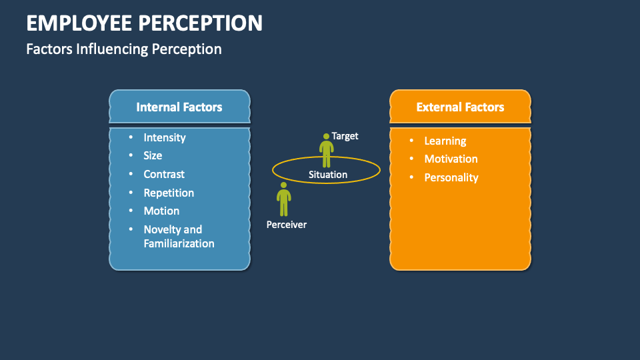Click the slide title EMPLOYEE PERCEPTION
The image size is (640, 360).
point(144,23)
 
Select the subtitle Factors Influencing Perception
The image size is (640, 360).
point(123,49)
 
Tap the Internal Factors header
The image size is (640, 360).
point(179,107)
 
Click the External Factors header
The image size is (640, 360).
point(460,107)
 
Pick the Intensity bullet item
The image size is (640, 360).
point(165,137)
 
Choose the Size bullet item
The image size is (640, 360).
point(153,155)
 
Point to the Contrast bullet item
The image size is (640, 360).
point(164,174)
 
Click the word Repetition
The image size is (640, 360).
point(169,193)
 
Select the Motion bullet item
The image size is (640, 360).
point(161,211)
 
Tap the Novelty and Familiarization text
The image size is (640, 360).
point(179,237)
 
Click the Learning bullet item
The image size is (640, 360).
point(445,141)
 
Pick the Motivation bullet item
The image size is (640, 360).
point(451,159)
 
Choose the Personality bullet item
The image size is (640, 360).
point(451,177)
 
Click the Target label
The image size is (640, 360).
point(345,136)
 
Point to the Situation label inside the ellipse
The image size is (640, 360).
point(327,175)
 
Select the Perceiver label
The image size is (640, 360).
point(287,225)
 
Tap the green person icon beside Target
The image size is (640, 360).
point(326,151)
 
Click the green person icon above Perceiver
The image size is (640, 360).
point(284,199)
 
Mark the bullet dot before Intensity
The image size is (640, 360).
point(131,137)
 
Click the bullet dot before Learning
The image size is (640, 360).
point(411,141)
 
